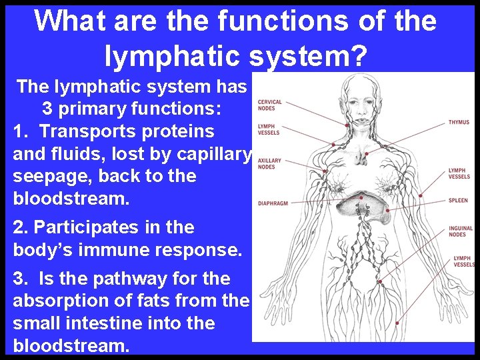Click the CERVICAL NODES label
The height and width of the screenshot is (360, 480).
(269, 105)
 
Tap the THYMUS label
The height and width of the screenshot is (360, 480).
(459, 123)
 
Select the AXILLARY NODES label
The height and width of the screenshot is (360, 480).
(269, 163)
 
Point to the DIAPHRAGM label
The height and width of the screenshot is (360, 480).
(273, 203)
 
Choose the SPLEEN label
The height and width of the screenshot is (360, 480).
(458, 201)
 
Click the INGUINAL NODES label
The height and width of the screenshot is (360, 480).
(460, 231)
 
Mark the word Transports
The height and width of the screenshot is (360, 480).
(84, 131)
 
